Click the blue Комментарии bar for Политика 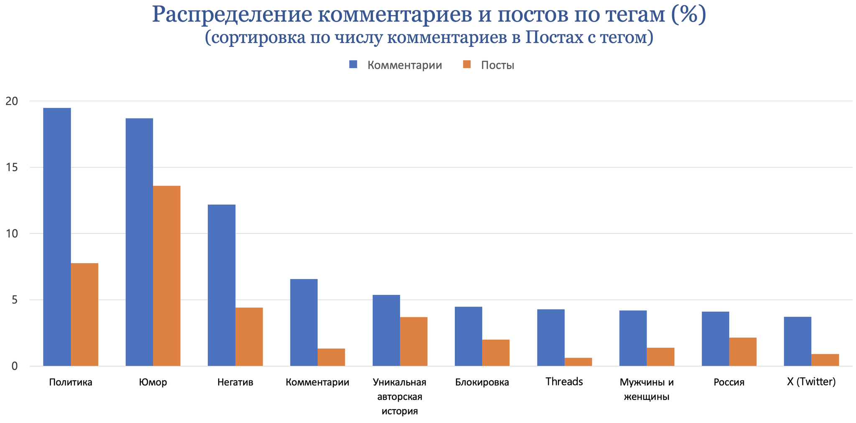(57, 237)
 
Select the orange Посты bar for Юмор (167, 276)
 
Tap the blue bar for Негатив (222, 285)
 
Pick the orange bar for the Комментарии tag (331, 357)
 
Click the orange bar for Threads (578, 362)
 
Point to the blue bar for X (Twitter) (797, 341)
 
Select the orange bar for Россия (743, 352)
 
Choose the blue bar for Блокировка (469, 336)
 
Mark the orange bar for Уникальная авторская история (414, 341)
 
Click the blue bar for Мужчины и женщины (633, 338)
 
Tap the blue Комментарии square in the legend (354, 64)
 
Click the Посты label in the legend (497, 65)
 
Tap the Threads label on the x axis (564, 382)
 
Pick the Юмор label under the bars (153, 382)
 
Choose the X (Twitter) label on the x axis (811, 382)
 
